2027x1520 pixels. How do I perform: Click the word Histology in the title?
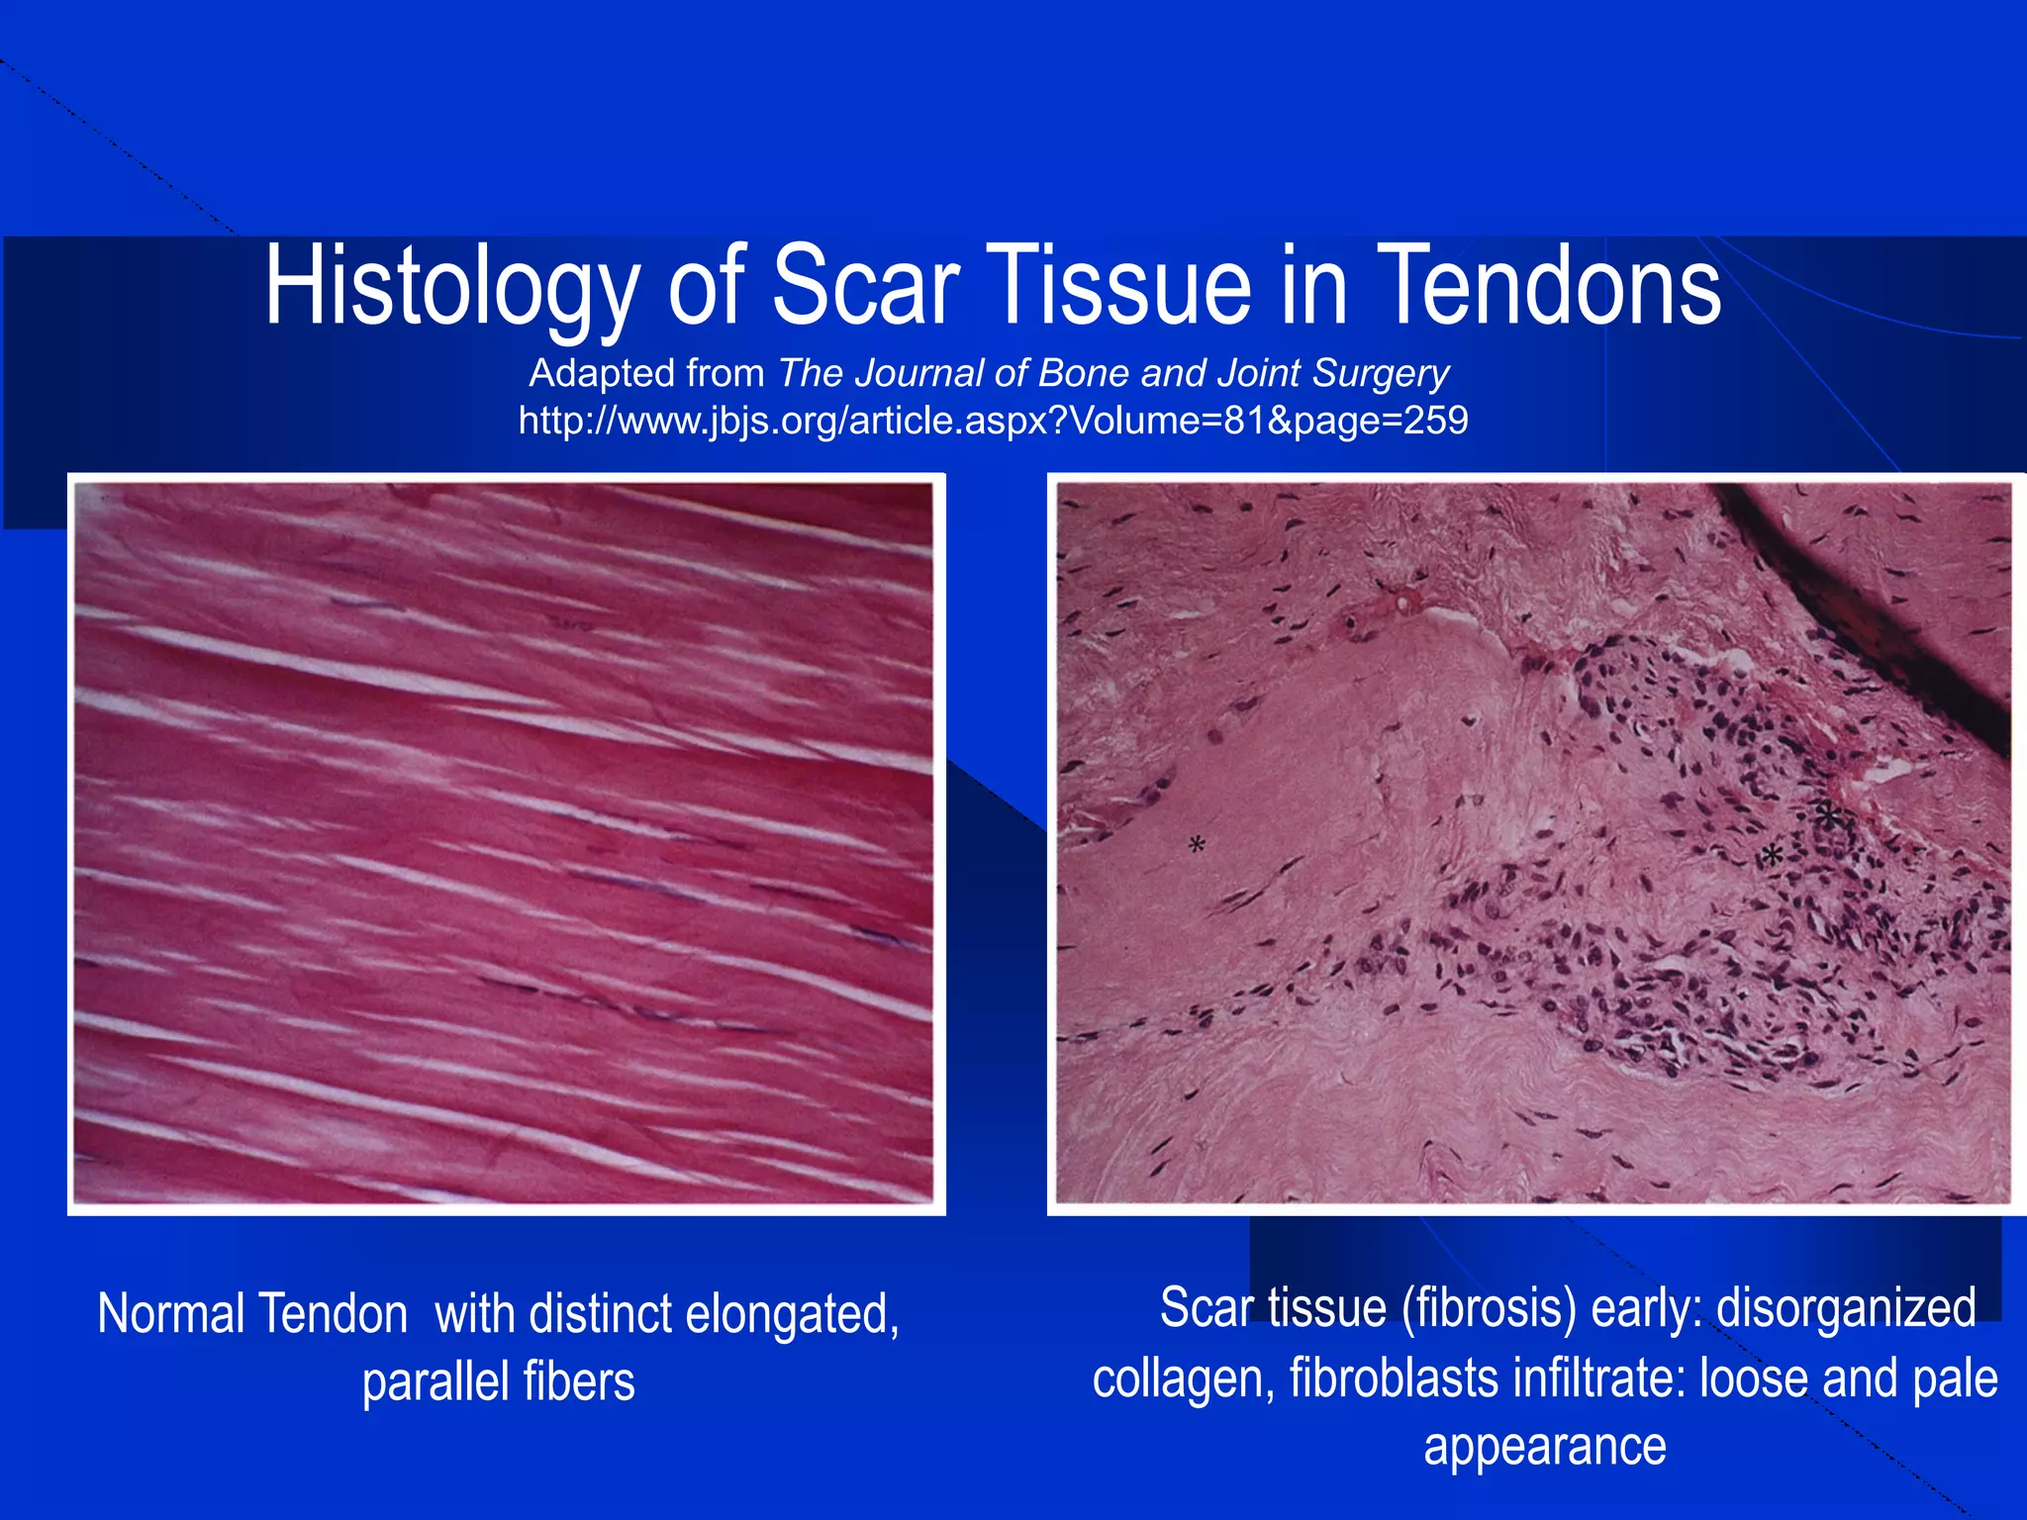coord(450,287)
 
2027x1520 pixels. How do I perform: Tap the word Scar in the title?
coord(865,287)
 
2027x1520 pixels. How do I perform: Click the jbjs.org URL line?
coord(993,422)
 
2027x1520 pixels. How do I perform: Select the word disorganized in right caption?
coord(1846,1308)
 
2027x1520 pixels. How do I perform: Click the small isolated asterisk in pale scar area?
coord(1197,845)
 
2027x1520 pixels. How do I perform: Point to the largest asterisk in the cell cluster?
coord(1828,817)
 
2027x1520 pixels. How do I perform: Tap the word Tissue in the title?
coord(1118,287)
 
